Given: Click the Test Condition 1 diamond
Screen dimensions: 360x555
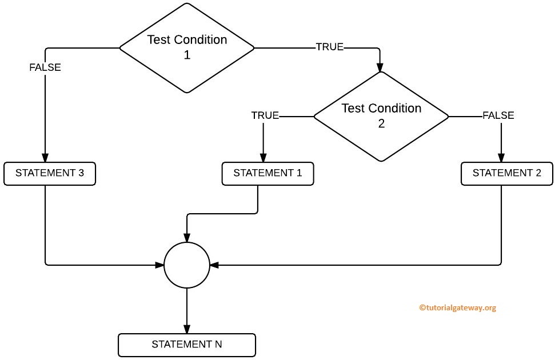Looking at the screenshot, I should coord(186,47).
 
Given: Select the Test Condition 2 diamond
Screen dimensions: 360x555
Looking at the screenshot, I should coord(381,116).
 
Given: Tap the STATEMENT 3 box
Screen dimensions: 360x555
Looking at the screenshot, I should coord(50,174).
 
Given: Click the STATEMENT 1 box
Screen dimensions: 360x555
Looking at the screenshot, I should coord(267,174).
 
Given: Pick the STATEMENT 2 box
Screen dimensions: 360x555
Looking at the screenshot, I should coord(506,174).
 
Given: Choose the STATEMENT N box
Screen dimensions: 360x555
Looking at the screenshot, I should coord(186,345).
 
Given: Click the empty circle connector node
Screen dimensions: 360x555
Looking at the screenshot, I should coord(187,265).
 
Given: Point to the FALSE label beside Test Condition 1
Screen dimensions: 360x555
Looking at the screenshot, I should coord(45,67).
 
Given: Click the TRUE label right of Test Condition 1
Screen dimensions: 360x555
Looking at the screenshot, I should coord(330,47).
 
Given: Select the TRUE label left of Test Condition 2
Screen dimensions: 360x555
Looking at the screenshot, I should coord(265,116).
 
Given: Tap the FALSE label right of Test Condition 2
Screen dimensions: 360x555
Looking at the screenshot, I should coord(498,115).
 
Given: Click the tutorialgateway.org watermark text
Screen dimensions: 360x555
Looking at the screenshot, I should coord(457,307).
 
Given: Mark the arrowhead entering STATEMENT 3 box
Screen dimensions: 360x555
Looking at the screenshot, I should coord(45,159).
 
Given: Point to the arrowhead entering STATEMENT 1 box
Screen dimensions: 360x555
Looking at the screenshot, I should coord(263,159).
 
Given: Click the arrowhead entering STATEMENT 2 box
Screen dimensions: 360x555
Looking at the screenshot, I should coord(502,159).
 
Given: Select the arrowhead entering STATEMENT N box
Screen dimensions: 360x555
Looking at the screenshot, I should coord(187,330).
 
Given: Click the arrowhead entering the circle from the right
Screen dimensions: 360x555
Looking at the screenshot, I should coord(214,265).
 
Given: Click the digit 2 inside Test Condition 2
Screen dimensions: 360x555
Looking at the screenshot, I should coord(381,123).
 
